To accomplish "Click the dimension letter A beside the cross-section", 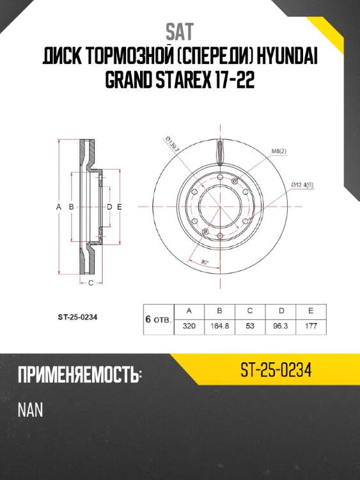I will [x=58, y=207].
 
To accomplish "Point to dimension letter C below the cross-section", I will [x=91, y=282].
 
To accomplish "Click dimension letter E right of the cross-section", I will [x=120, y=207].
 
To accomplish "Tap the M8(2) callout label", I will [x=279, y=151].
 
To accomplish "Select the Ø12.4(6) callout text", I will [x=302, y=185].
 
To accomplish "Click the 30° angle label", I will [x=205, y=262].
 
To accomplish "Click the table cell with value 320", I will [x=189, y=326].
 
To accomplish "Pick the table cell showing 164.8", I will [x=220, y=326].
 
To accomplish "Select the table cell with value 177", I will [x=310, y=326].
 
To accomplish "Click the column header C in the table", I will [x=250, y=311].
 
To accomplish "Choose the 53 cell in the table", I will [x=250, y=326].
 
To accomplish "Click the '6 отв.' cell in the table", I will [x=157, y=319].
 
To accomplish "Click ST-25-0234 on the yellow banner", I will [x=276, y=371].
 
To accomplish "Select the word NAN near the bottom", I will [x=30, y=410].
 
